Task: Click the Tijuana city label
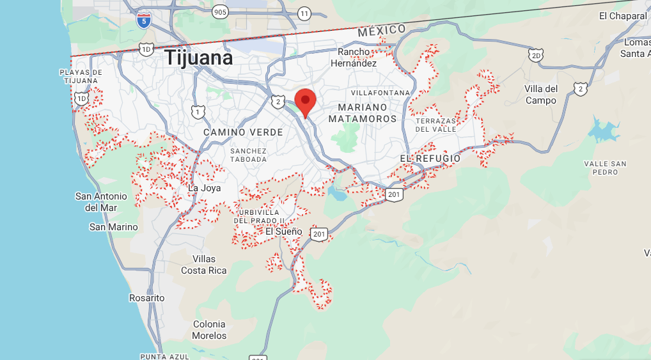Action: pos(199,58)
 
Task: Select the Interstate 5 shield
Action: pos(143,21)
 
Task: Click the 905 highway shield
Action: pos(221,12)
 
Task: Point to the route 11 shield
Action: pos(304,13)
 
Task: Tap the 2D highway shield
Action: pos(536,56)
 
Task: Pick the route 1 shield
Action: pos(198,113)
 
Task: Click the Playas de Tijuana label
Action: pos(81,77)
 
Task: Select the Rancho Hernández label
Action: pos(354,58)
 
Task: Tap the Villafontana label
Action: pos(380,93)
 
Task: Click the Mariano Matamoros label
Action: pos(363,113)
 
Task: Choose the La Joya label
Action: pos(204,188)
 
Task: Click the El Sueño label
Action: pos(283,231)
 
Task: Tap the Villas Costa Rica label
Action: pos(203,265)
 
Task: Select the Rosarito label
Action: pos(146,298)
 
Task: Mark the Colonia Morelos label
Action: pos(209,330)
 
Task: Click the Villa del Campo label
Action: pos(541,95)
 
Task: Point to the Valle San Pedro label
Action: pos(605,168)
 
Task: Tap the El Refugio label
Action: pos(430,159)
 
